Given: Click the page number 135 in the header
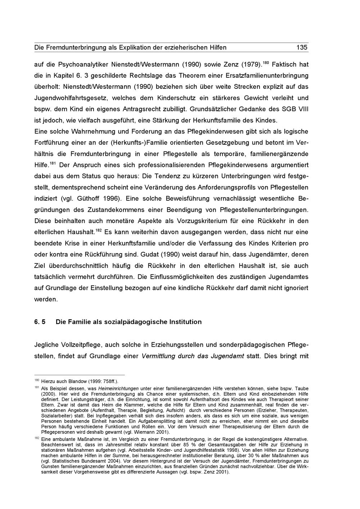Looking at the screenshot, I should point(302,47).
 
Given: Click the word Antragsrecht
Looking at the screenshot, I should point(144,109).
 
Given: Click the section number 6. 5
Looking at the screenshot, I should point(40,322).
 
